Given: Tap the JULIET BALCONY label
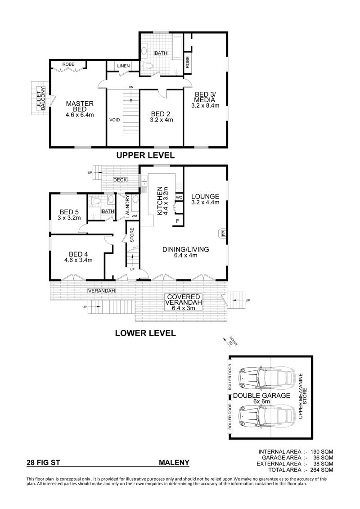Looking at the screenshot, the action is pos(40,98).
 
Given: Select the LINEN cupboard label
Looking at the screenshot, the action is pos(124,66).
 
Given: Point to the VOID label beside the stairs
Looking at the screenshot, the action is pos(115,120).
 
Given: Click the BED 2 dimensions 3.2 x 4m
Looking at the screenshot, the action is pos(162,120).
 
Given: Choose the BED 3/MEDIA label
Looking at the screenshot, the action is pos(205,97).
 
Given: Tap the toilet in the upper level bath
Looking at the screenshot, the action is pos(148,66).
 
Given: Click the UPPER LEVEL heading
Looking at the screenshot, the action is pos(145,155).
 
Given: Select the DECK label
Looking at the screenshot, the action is pos(120,180).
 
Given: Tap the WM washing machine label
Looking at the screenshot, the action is pos(135,216).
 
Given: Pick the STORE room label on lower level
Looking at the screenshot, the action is pos(132,236).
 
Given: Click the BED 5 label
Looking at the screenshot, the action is pos(69,212).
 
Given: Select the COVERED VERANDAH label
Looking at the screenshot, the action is pos(184,300).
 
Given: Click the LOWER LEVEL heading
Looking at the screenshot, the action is pos(145,333).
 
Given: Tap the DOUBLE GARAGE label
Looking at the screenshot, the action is pos(261,396).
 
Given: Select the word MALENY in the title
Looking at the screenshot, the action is pos(174,463).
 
